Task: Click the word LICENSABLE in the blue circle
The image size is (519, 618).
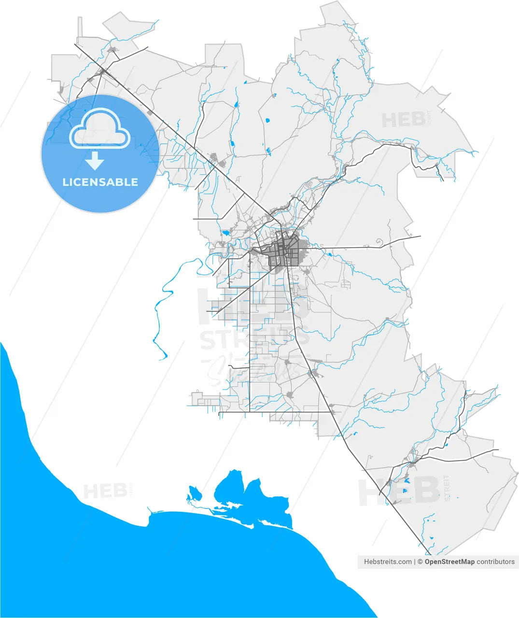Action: [x=100, y=182]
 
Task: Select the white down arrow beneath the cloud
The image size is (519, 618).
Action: [x=95, y=160]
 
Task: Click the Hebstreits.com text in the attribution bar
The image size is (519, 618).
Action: [x=388, y=562]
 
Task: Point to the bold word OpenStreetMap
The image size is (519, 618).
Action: [x=449, y=562]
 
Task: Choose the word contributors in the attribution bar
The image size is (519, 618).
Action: [x=496, y=562]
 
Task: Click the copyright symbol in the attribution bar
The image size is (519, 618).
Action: [x=420, y=562]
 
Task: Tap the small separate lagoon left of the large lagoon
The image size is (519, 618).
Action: [x=195, y=493]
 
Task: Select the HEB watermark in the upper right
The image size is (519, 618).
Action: [x=404, y=119]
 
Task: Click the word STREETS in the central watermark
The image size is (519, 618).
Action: [x=254, y=339]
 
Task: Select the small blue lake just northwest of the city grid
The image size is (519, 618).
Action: [x=225, y=233]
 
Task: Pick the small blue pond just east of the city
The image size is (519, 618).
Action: [x=329, y=254]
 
